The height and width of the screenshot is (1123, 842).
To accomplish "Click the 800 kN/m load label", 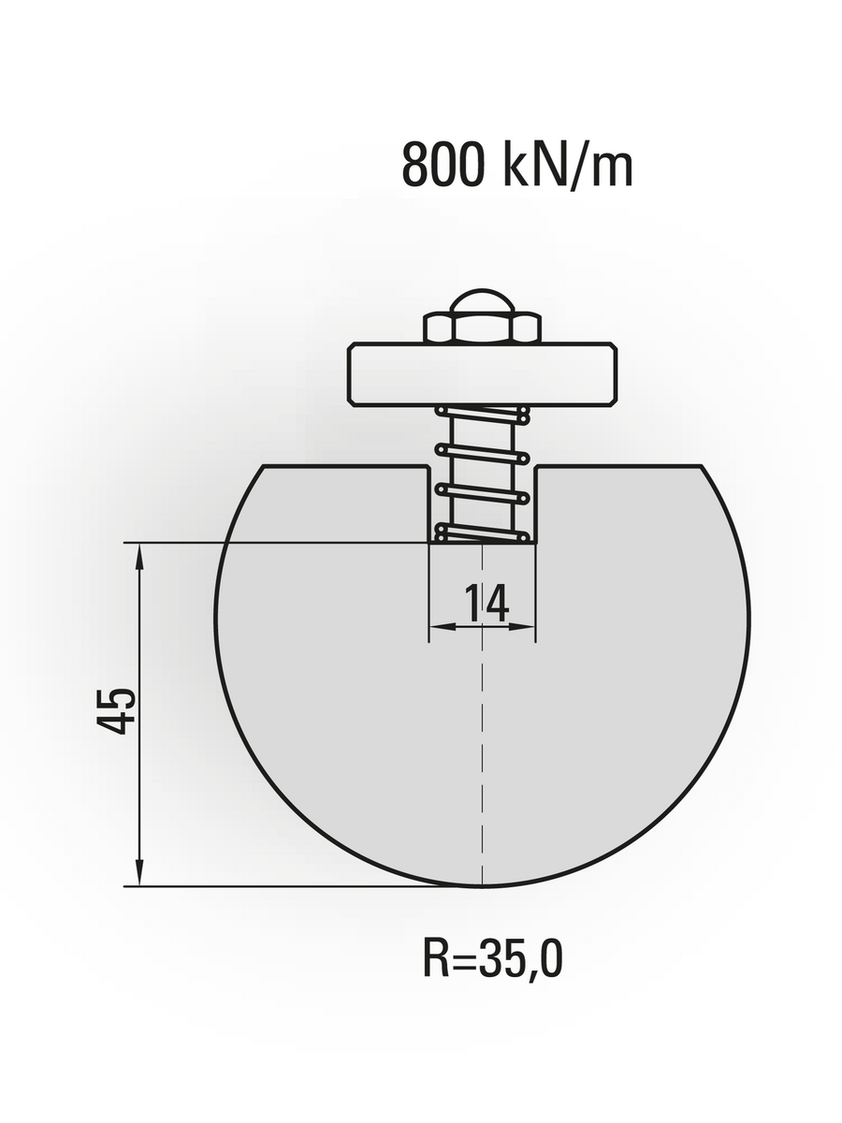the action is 517,165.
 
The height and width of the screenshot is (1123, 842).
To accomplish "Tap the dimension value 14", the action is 486,604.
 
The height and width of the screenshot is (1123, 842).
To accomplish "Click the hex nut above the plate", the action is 482,328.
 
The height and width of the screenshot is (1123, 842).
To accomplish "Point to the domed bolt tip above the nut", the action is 482,302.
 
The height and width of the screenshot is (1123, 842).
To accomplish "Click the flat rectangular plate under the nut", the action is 482,374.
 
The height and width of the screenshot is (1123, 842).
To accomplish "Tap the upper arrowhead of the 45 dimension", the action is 139,555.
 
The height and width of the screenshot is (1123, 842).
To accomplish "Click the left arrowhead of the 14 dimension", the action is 441,626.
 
